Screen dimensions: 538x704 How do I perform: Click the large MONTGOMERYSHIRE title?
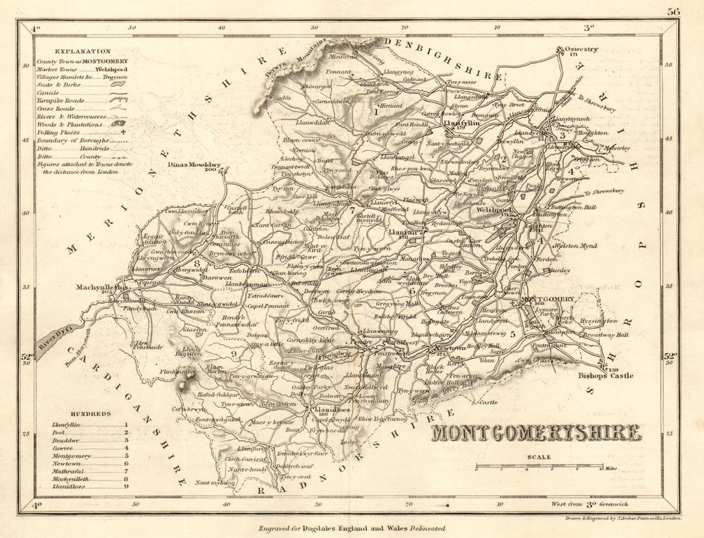pos(536,432)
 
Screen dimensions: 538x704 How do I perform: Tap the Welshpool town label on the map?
pos(494,209)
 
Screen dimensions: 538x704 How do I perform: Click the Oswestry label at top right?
pos(581,49)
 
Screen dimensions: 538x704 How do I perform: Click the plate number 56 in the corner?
pos(673,11)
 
